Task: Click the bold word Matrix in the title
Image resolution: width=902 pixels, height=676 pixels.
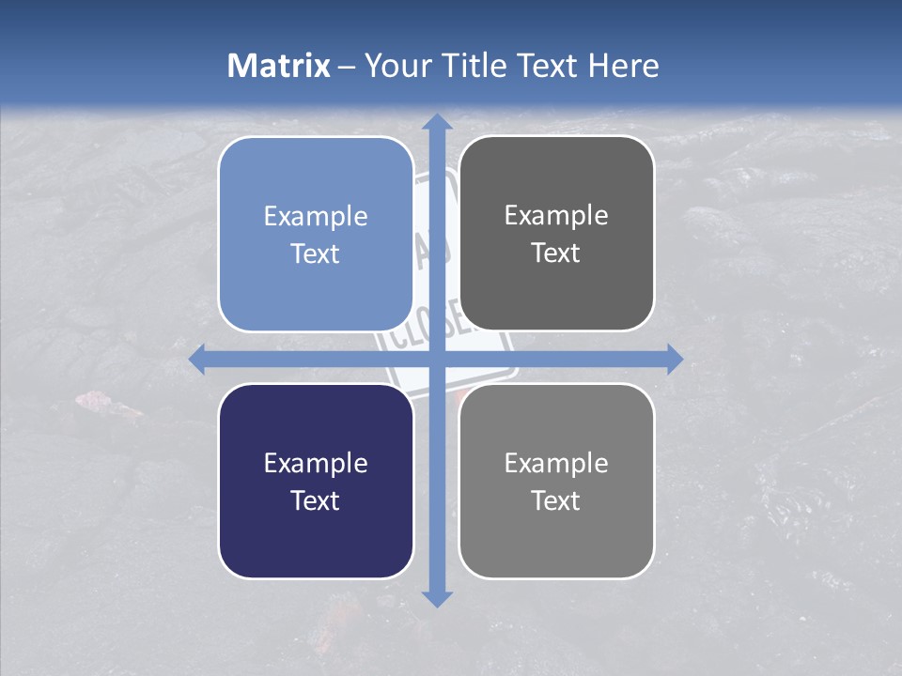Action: point(279,66)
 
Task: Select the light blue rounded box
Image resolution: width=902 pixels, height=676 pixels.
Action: point(316,234)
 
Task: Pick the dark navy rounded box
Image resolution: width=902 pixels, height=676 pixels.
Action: point(316,481)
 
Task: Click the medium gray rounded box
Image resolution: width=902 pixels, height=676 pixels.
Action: point(556,481)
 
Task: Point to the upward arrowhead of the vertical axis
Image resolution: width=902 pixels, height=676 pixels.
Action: point(435,122)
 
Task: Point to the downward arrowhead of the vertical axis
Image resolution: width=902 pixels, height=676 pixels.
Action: point(435,598)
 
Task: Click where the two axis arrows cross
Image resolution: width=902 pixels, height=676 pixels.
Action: point(435,360)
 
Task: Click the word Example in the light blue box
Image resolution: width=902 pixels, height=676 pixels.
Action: point(316,217)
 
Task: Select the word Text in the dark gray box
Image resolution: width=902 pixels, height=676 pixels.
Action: point(556,253)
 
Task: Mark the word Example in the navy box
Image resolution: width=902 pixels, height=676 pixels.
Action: point(316,464)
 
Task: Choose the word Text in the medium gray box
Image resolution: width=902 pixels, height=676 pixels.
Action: point(556,500)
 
